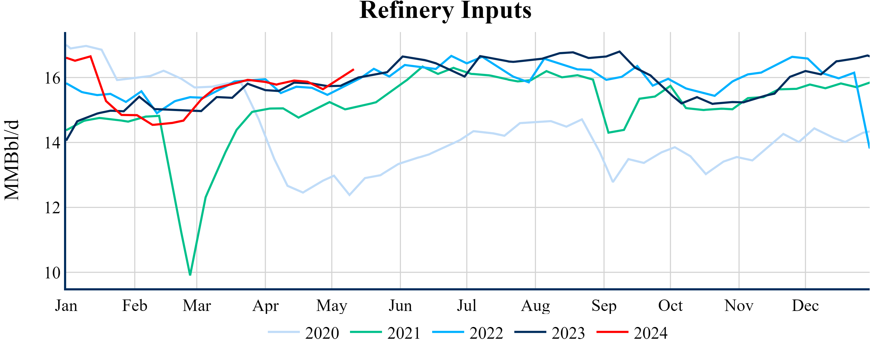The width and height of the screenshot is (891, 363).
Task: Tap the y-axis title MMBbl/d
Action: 12,160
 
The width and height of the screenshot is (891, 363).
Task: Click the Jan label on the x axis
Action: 66,306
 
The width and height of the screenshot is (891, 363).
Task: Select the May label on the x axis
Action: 331,306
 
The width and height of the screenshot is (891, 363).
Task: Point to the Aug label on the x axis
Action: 535,306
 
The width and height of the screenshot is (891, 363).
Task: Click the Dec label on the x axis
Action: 805,306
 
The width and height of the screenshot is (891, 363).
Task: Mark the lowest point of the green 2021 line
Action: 190,274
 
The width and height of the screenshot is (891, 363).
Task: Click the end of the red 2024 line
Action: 353,70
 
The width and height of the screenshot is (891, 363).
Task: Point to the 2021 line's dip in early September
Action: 608,133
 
